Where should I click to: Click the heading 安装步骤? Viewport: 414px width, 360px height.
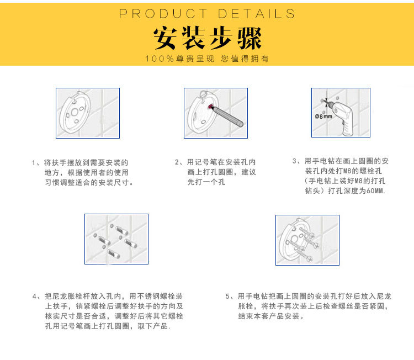coord(207,38)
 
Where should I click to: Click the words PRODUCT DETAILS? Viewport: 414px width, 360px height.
coord(207,14)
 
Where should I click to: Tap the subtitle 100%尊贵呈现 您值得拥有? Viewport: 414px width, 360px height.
coord(207,59)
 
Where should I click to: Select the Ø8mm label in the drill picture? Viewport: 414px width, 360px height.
coord(323,116)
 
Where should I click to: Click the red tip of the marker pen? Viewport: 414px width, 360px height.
coord(210,107)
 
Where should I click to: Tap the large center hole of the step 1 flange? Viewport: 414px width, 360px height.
coord(75,112)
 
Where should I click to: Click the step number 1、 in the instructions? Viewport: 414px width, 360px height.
coord(36,162)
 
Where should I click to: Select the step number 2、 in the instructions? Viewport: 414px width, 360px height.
coord(179,162)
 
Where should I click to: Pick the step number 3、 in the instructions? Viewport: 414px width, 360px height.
coord(297,161)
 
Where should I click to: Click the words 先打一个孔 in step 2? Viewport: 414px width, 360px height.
coord(206,182)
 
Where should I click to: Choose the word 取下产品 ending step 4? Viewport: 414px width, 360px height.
coord(152,326)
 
